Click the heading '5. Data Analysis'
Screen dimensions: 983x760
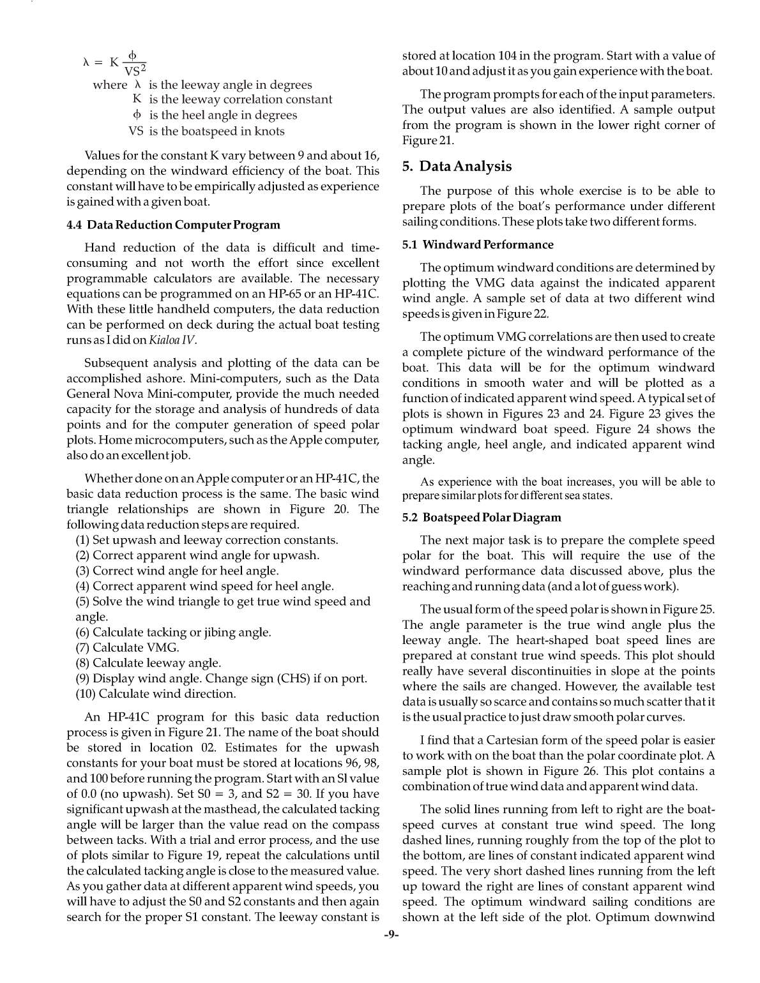click(x=457, y=167)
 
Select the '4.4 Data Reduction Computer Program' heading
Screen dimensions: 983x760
click(x=173, y=225)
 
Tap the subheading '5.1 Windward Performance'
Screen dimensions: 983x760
click(x=478, y=245)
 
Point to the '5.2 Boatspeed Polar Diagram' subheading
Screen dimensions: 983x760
click(x=482, y=518)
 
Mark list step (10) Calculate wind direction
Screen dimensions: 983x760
click(x=156, y=694)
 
